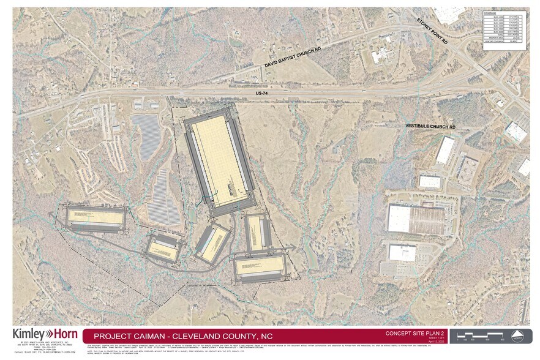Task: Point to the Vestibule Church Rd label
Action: pyautogui.click(x=431, y=126)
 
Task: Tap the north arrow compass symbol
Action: pyautogui.click(x=517, y=336)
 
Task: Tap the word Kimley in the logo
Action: pyautogui.click(x=28, y=334)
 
